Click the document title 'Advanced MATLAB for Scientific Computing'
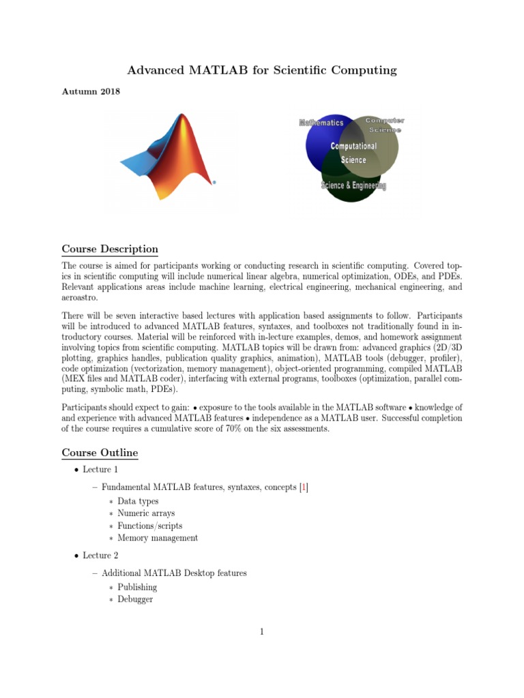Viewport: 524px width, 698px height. pos(262,70)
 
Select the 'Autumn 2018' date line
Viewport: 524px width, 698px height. pos(91,92)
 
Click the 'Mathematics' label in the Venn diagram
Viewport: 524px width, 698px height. pos(321,123)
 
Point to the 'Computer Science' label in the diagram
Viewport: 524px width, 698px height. pos(385,125)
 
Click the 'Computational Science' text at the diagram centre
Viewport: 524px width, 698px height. pos(353,153)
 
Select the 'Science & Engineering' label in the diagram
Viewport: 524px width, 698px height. pos(353,185)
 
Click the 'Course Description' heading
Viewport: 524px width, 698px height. pos(110,249)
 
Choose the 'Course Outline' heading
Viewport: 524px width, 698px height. pos(100,452)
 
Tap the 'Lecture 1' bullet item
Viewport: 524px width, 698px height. pos(100,470)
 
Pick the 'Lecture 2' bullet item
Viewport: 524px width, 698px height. pos(100,556)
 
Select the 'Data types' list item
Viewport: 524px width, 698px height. pos(138,501)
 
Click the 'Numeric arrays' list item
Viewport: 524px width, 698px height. pos(146,513)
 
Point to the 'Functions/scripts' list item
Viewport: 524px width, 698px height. pos(149,526)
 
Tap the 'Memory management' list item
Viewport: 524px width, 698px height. pos(158,538)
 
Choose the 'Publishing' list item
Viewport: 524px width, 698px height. pos(137,587)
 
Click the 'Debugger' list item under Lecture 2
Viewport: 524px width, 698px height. pos(135,599)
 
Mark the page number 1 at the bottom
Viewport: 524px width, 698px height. pos(261,632)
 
